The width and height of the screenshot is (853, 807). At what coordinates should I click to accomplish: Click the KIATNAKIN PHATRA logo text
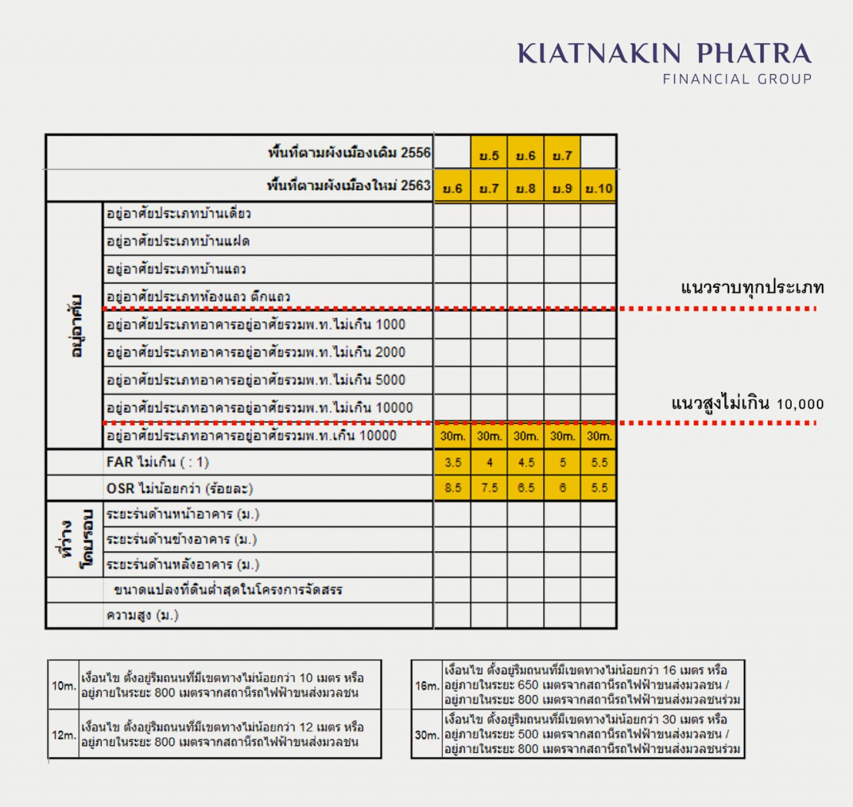click(x=664, y=53)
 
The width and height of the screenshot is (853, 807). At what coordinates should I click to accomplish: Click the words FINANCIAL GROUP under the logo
click(x=737, y=79)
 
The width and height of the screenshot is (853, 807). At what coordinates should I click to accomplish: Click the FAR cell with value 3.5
click(x=452, y=462)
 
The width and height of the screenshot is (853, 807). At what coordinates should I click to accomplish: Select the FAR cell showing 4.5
click(x=525, y=462)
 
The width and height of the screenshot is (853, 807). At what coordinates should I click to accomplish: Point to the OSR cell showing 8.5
click(x=452, y=488)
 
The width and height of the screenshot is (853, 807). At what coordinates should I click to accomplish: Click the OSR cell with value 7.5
click(x=489, y=488)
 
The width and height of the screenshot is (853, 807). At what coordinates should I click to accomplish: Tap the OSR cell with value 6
click(x=562, y=488)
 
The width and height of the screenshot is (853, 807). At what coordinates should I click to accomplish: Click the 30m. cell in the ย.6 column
click(x=452, y=436)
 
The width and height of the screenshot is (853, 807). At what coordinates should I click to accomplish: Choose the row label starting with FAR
click(x=157, y=462)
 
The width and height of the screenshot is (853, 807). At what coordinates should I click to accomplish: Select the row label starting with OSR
click(x=179, y=488)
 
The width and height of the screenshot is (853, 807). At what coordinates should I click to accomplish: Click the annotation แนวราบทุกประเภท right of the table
click(x=752, y=288)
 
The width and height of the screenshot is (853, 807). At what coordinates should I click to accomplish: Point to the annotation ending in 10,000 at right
click(x=747, y=404)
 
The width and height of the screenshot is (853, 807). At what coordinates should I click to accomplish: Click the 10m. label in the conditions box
click(x=63, y=686)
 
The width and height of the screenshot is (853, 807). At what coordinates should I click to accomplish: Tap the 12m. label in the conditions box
click(x=63, y=735)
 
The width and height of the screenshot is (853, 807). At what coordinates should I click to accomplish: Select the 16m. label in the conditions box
click(x=426, y=686)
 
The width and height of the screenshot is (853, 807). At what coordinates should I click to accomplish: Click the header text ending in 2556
click(x=349, y=153)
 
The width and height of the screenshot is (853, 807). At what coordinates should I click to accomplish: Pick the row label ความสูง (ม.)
click(x=142, y=615)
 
